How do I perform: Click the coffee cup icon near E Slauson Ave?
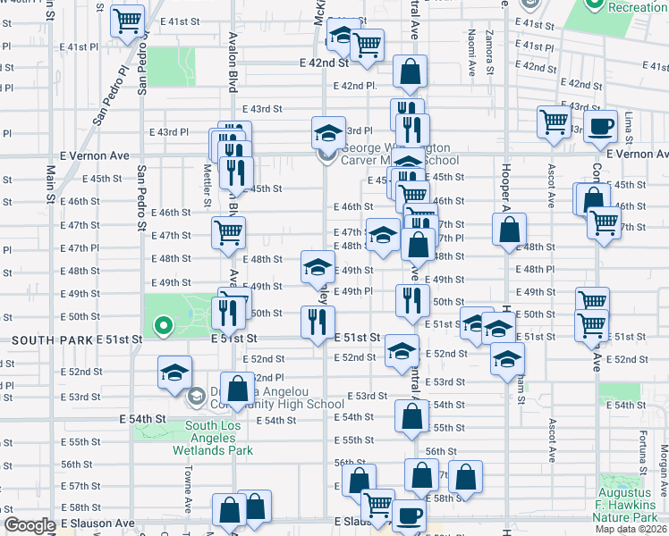pos(409,516)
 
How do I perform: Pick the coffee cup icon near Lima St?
pos(600,126)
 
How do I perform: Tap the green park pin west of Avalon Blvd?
pos(163,326)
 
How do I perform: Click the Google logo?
pos(29,526)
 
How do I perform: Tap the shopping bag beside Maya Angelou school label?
pos(238,390)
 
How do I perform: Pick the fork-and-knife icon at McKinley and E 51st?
pos(318,322)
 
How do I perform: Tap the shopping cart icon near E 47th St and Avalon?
pos(228,233)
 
